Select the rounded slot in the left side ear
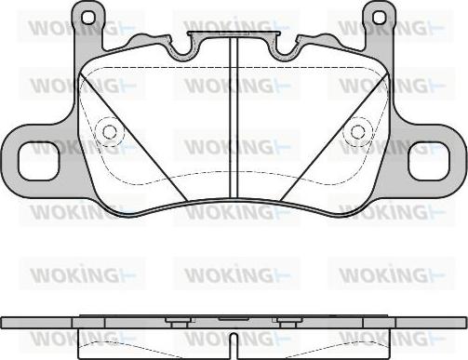40,164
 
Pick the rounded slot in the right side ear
428,164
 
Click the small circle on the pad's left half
110,132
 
